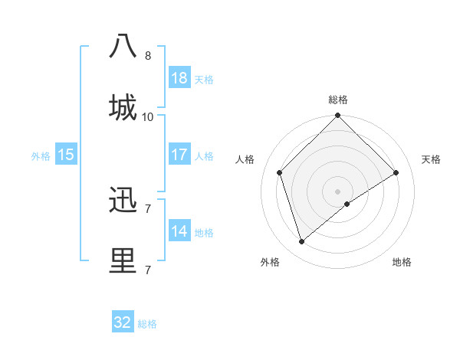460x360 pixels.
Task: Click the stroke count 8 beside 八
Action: coord(148,55)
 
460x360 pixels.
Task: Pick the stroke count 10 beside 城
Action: coord(148,116)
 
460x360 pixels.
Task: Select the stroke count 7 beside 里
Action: coord(148,270)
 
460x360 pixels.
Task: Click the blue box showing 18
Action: coord(179,77)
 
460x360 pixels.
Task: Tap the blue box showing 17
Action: coord(179,154)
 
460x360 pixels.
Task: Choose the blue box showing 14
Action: coord(179,231)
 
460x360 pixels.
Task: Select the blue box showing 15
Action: coord(66,154)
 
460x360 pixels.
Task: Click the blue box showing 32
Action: coord(123,322)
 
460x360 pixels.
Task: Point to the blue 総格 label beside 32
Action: coord(147,324)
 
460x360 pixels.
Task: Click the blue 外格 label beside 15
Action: coord(41,155)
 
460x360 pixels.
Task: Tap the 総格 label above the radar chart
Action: coord(338,100)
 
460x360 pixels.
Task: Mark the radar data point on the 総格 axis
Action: coord(338,116)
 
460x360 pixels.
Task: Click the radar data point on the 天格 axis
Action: coord(396,172)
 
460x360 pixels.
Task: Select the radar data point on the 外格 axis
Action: coord(302,242)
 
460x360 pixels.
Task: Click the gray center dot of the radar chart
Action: coord(338,191)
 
